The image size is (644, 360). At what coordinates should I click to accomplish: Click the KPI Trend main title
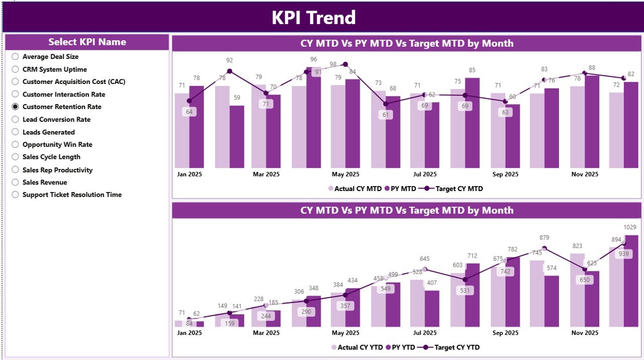[x=313, y=18]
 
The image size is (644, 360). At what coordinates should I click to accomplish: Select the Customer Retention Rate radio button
[x=15, y=107]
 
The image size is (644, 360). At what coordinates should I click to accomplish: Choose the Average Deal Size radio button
[x=15, y=57]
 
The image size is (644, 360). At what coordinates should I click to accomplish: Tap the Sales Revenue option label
[x=44, y=182]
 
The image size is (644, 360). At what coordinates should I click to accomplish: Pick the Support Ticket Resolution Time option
[x=72, y=195]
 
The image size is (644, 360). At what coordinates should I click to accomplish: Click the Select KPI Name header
[x=87, y=42]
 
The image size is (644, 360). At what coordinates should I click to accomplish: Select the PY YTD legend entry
[x=400, y=347]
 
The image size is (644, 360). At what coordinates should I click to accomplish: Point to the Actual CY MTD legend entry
[x=355, y=189]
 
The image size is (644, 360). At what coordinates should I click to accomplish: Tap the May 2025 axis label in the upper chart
[x=345, y=174]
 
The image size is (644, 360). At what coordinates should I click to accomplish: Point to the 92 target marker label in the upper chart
[x=229, y=60]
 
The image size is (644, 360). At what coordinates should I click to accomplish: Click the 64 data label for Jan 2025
[x=189, y=112]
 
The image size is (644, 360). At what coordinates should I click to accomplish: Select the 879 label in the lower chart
[x=544, y=237]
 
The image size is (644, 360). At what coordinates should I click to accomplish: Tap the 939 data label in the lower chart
[x=624, y=254]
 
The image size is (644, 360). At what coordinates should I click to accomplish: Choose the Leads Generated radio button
[x=15, y=132]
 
